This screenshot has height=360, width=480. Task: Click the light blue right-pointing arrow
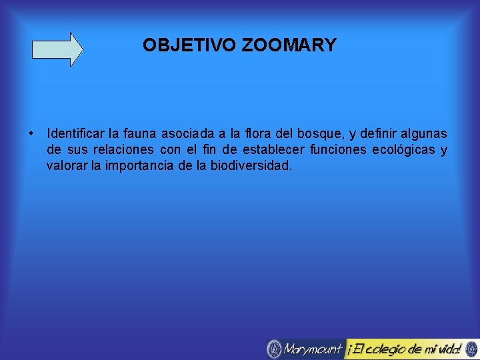[x=58, y=49]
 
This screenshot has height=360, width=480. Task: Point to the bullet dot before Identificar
[x=32, y=133]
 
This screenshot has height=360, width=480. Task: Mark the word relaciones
[x=123, y=150]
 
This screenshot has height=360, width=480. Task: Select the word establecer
[x=273, y=150]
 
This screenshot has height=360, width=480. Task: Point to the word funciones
[x=340, y=150]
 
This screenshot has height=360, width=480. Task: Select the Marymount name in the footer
[x=313, y=349]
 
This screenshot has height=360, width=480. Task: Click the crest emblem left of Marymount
[x=274, y=349]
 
